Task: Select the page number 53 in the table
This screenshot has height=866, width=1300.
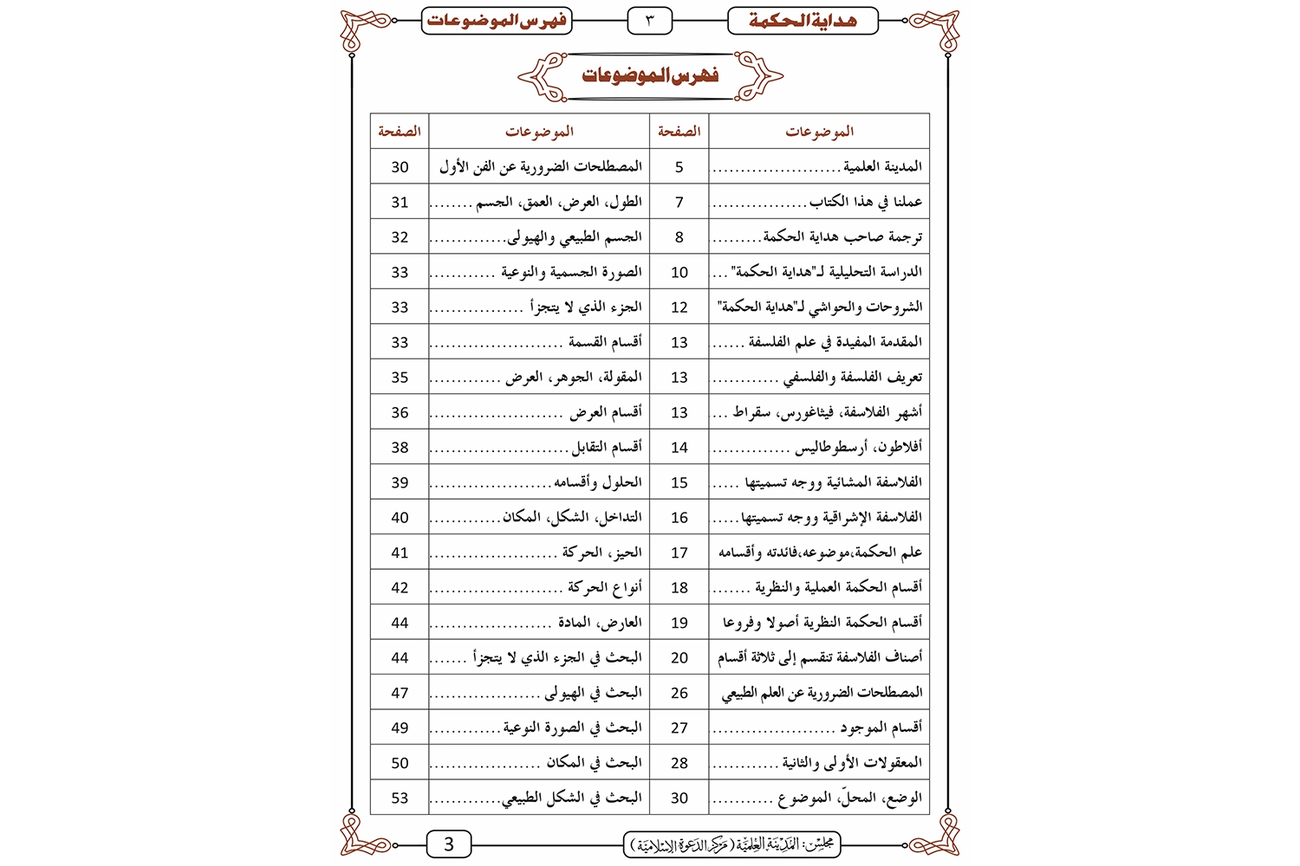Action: (x=400, y=798)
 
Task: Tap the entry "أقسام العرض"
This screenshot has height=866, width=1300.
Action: (x=605, y=412)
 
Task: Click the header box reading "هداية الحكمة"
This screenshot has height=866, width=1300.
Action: (x=803, y=21)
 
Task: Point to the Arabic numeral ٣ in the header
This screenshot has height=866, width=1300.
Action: (x=649, y=20)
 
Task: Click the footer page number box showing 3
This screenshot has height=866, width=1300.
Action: (x=449, y=844)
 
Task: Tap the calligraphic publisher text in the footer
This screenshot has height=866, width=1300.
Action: (x=732, y=844)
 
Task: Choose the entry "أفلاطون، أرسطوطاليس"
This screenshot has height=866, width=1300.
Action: (x=858, y=447)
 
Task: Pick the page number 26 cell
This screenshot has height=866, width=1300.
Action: (x=679, y=693)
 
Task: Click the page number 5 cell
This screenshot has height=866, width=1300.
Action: (x=679, y=166)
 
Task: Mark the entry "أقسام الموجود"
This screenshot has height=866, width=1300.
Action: (x=881, y=727)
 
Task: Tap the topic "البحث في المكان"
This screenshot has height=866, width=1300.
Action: (x=594, y=762)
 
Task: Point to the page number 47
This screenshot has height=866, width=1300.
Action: (x=400, y=693)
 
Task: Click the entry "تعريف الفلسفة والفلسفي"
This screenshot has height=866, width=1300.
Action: (x=853, y=377)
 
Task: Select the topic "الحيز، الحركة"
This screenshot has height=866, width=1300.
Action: (x=601, y=552)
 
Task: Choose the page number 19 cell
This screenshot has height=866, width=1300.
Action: (x=679, y=623)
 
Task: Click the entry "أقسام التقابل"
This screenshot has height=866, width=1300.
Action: (x=607, y=447)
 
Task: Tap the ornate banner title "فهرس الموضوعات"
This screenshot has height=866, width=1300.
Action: (x=650, y=75)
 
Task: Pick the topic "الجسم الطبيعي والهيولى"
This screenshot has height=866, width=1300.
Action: (x=575, y=236)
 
